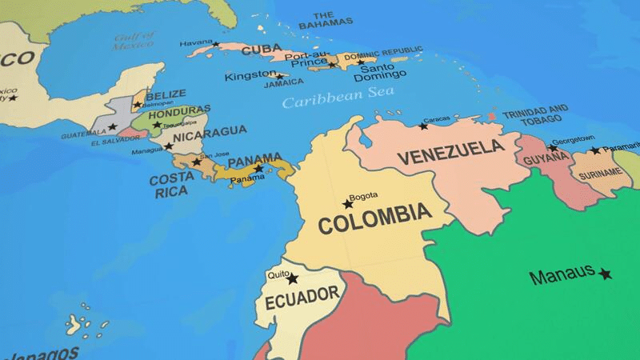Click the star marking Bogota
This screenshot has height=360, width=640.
348,204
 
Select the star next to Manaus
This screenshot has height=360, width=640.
605,274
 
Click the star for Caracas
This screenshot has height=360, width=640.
424,126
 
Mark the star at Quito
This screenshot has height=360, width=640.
293,279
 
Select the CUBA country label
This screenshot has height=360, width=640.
261,50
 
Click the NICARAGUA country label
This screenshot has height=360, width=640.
210,130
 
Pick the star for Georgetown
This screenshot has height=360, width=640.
552,148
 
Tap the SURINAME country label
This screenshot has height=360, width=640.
599,173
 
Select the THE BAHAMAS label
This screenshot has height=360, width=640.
326,20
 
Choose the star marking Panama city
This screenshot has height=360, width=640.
258,169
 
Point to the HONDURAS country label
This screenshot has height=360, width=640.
180,110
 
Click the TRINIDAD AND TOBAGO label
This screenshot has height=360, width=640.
535,114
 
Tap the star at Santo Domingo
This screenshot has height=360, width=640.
361,62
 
